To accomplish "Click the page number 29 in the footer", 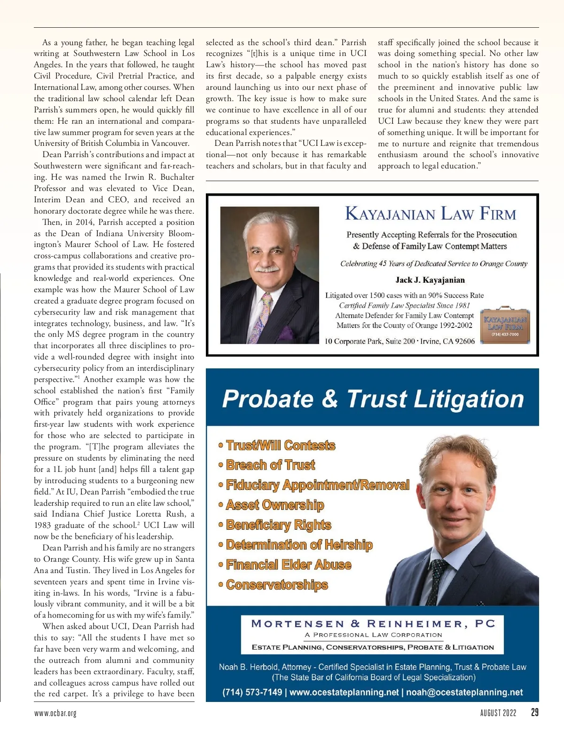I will click(534, 712).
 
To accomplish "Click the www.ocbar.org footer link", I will click(55, 713).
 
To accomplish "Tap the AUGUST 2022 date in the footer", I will click(498, 713).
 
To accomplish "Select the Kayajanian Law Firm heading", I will click(431, 214).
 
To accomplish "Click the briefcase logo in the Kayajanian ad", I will click(505, 325).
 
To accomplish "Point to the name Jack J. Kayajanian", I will click(430, 280).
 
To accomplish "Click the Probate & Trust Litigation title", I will click(373, 399).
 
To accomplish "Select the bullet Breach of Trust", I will click(270, 465).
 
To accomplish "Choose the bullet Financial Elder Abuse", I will click(288, 565).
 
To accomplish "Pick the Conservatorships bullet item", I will click(276, 585).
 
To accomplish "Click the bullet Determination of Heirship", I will click(299, 545).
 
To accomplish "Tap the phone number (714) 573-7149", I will click(252, 692).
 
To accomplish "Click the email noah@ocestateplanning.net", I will click(464, 692).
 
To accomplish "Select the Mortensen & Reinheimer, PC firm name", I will click(373, 624).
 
